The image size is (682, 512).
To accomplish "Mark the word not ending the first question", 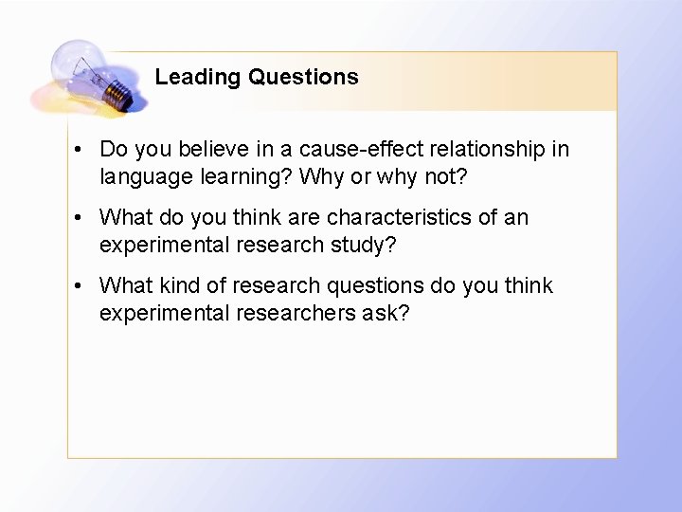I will (446, 176).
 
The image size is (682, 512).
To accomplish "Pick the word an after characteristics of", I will (516, 217).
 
